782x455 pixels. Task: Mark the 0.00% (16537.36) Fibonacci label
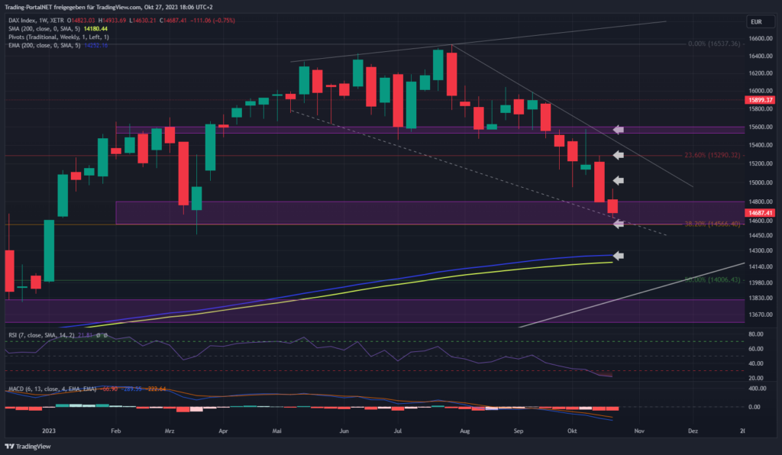tap(714, 44)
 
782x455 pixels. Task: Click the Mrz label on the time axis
tap(170, 431)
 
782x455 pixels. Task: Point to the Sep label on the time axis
tap(519, 431)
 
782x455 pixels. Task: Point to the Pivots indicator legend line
tap(57, 36)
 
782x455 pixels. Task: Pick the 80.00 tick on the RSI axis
tap(757, 334)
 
